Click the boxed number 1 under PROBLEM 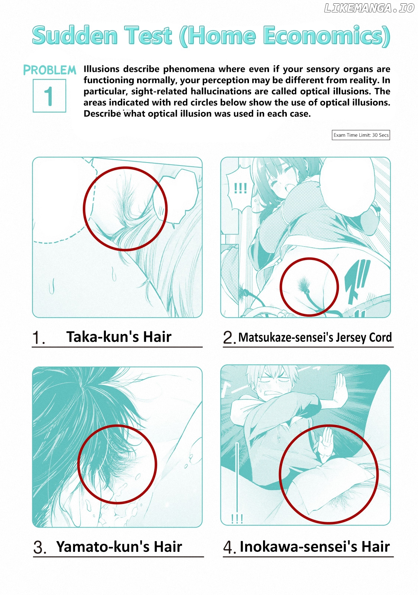pos(49,96)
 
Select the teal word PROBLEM pos(50,70)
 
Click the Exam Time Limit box pos(361,135)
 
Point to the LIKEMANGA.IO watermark pos(369,8)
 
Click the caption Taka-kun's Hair pos(119,337)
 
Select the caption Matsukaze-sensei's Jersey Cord pos(315,337)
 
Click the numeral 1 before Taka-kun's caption pos(37,338)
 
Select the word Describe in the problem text pos(102,114)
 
